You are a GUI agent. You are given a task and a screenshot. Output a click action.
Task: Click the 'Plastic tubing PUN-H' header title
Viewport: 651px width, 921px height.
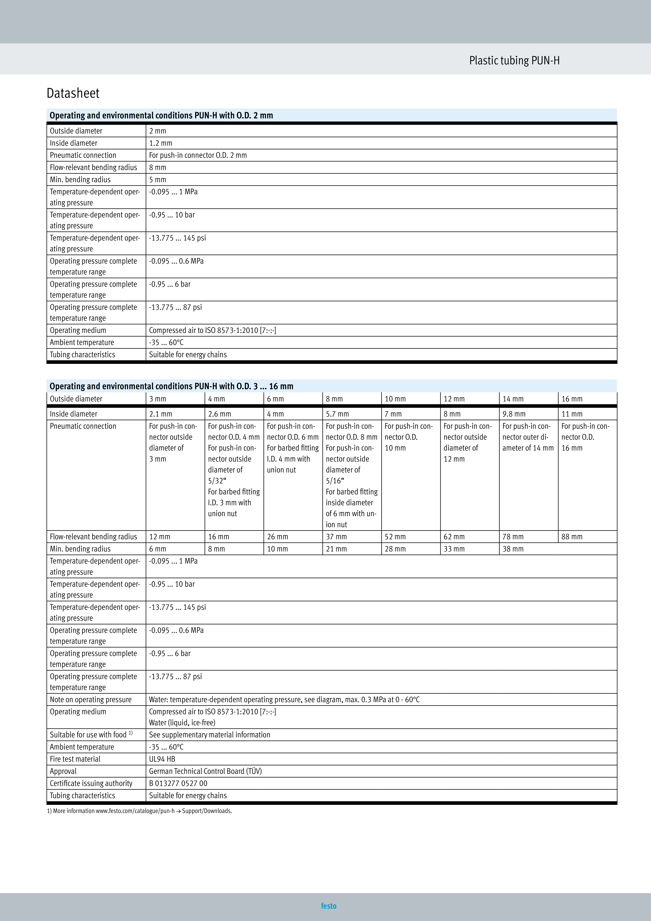[x=514, y=61]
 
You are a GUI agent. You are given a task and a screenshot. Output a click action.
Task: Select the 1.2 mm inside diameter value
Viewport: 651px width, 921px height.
[x=160, y=143]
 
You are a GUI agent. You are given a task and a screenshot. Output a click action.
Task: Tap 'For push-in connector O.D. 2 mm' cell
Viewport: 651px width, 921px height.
[x=198, y=155]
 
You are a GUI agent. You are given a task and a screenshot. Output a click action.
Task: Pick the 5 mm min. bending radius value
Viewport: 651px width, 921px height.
[x=158, y=180]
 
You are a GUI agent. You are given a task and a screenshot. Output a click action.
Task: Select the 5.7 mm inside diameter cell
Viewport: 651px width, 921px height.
[x=337, y=414]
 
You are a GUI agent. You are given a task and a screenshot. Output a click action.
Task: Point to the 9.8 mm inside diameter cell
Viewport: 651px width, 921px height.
[x=514, y=414]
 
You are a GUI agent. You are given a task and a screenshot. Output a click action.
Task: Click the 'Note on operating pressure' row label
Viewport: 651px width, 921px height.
[x=91, y=700]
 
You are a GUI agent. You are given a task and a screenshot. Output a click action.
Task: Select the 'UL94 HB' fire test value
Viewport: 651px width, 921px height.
[x=162, y=759]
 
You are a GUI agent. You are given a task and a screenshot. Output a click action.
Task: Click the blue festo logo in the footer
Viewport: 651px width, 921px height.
[x=328, y=906]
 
